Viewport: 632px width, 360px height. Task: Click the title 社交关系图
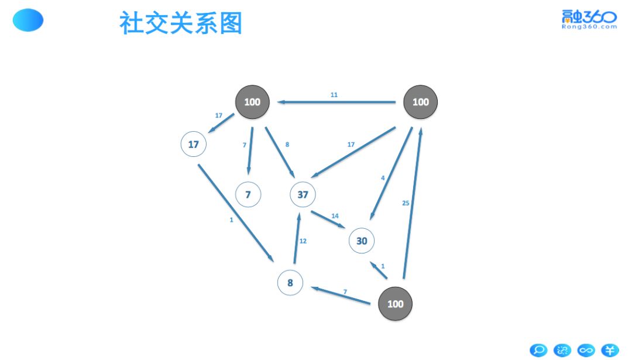click(180, 23)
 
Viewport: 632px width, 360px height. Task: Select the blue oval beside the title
click(28, 20)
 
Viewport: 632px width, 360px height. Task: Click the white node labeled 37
click(303, 194)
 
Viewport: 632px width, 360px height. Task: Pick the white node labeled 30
click(362, 241)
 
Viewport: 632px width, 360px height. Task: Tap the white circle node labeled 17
click(194, 144)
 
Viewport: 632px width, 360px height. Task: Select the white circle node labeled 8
click(290, 283)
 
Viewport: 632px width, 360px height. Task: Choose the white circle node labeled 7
click(248, 194)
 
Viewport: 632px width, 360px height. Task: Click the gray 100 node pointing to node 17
click(252, 102)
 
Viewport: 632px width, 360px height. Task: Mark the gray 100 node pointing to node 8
click(396, 304)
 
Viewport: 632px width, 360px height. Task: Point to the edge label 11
click(334, 94)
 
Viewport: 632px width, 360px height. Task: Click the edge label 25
click(406, 203)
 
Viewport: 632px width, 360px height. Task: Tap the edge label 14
click(335, 216)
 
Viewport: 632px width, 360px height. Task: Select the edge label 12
click(303, 241)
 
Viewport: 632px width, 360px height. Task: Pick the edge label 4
click(383, 178)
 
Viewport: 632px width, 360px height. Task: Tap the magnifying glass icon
click(538, 350)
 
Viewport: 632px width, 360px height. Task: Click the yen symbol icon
click(610, 350)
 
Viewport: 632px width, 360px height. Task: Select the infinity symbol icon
click(586, 350)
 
